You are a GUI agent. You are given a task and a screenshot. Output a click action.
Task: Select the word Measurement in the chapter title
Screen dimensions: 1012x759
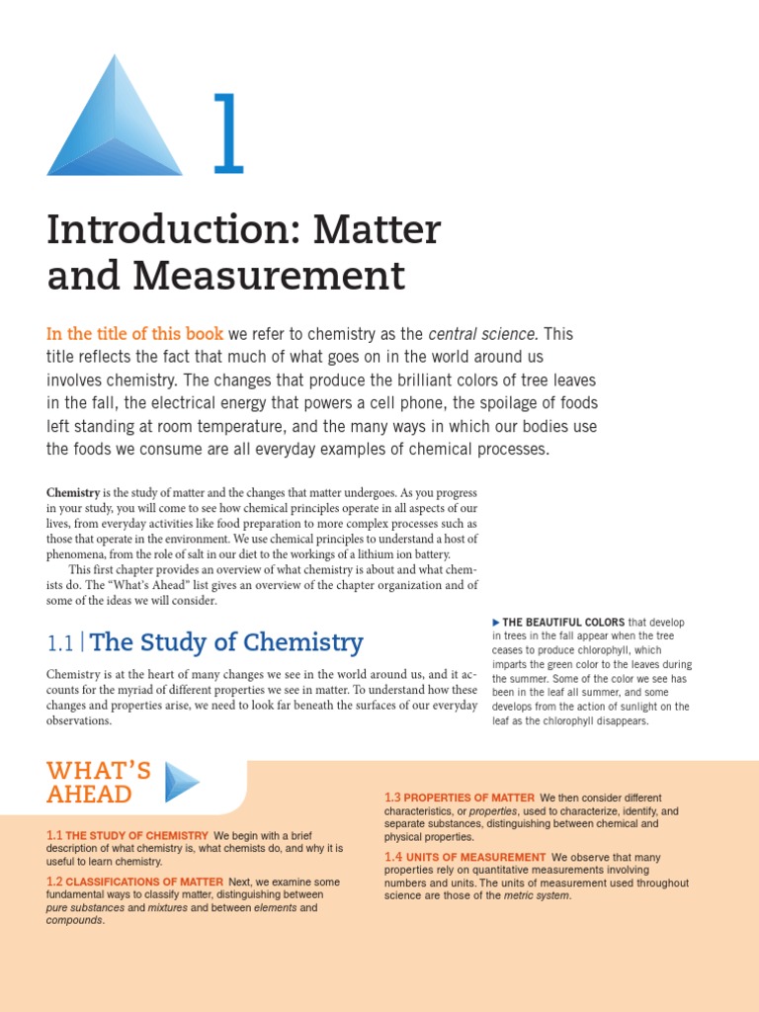pyautogui.click(x=270, y=276)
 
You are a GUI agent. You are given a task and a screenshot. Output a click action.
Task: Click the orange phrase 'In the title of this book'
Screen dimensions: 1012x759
pyautogui.click(x=135, y=333)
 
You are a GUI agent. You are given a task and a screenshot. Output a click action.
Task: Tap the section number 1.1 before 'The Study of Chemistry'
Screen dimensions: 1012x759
pyautogui.click(x=60, y=643)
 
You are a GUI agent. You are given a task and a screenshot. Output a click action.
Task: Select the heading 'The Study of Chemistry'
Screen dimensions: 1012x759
pyautogui.click(x=227, y=642)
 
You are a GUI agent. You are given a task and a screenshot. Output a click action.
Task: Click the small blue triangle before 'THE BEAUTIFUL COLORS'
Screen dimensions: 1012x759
pyautogui.click(x=496, y=622)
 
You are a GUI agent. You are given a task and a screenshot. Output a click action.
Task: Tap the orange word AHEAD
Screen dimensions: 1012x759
pyautogui.click(x=89, y=795)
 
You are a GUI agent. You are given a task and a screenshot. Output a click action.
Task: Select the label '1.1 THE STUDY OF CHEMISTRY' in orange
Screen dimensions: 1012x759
pyautogui.click(x=127, y=835)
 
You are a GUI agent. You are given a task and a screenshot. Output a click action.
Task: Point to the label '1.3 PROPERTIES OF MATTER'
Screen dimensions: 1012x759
pyautogui.click(x=460, y=798)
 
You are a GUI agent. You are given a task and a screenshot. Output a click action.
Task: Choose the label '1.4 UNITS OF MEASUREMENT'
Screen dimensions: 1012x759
pyautogui.click(x=464, y=857)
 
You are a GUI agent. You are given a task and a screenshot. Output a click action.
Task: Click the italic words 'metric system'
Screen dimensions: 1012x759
pyautogui.click(x=537, y=895)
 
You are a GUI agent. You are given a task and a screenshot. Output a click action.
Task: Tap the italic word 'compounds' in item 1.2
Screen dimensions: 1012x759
pyautogui.click(x=74, y=920)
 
